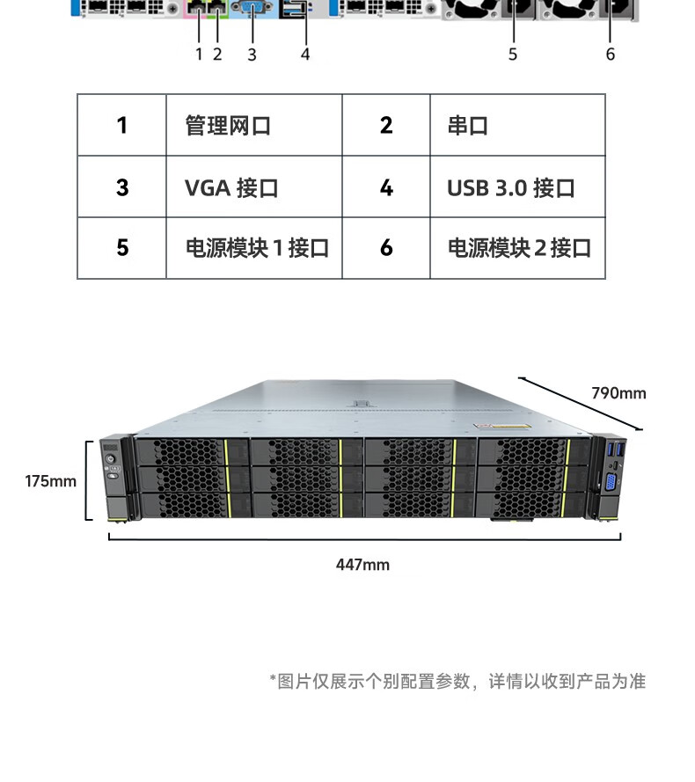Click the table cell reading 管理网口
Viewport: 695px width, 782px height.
pyautogui.click(x=254, y=125)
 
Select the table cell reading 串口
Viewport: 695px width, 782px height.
pyautogui.click(x=517, y=125)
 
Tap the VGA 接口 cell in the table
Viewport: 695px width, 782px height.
pyautogui.click(x=254, y=187)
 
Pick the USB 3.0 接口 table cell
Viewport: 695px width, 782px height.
pyautogui.click(x=517, y=187)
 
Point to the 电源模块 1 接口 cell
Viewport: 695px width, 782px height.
pyautogui.click(x=254, y=248)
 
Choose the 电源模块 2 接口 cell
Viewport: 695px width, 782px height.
pyautogui.click(x=517, y=248)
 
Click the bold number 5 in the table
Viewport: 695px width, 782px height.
pyautogui.click(x=122, y=248)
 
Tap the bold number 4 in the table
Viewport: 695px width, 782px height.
pyautogui.click(x=386, y=187)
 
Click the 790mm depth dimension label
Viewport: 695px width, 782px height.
pyautogui.click(x=618, y=393)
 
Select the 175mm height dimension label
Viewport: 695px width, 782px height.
pyautogui.click(x=51, y=481)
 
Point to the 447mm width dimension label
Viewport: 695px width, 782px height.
pyautogui.click(x=362, y=565)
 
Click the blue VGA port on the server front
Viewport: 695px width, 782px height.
pyautogui.click(x=611, y=483)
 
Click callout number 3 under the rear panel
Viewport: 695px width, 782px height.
pyautogui.click(x=252, y=55)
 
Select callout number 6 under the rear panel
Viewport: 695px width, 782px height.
pyautogui.click(x=611, y=54)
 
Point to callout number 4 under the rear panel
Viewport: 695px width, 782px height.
pyautogui.click(x=305, y=54)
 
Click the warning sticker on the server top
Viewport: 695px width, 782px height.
pyautogui.click(x=502, y=427)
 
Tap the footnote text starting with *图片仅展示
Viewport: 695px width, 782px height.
pyautogui.click(x=457, y=681)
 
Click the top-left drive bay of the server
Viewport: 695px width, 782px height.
pyautogui.click(x=192, y=452)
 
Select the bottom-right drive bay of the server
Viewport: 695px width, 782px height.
pyautogui.click(x=532, y=505)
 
